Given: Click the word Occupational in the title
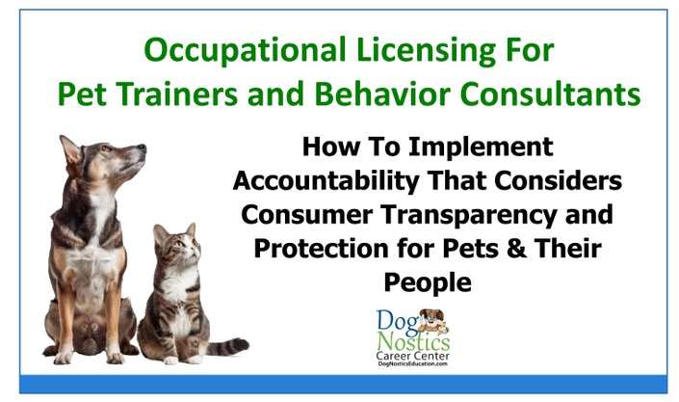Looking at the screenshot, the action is click(x=245, y=51).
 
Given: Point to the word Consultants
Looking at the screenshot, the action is click(x=550, y=94).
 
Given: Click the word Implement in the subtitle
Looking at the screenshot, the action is click(x=481, y=147).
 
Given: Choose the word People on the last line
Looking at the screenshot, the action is click(x=428, y=282).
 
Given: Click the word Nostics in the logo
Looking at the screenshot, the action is click(x=413, y=341).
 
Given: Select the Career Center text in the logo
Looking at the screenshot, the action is click(x=412, y=356).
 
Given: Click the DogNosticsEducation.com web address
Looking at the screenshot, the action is click(x=412, y=363).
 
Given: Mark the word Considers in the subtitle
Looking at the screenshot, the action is click(x=559, y=181).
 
